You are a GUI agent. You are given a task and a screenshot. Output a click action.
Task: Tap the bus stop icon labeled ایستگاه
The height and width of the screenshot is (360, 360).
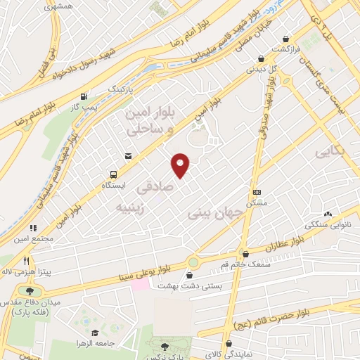click(x=112, y=174)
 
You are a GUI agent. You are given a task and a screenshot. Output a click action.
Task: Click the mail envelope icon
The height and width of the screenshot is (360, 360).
click(x=127, y=156)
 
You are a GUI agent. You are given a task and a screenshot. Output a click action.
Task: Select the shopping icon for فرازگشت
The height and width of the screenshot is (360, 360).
click(x=285, y=39)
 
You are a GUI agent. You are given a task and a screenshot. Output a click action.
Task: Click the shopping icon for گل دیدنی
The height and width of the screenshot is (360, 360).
click(x=261, y=59)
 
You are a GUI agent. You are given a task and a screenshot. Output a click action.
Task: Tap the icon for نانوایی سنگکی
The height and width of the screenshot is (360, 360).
click(x=328, y=214)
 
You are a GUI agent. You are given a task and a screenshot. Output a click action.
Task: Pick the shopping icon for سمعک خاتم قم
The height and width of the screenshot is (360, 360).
click(x=245, y=254)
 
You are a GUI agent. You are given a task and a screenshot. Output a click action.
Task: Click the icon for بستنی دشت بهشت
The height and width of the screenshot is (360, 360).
click(x=192, y=262)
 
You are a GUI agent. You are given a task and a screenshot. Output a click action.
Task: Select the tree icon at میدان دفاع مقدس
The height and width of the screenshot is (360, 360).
click(x=30, y=290)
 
